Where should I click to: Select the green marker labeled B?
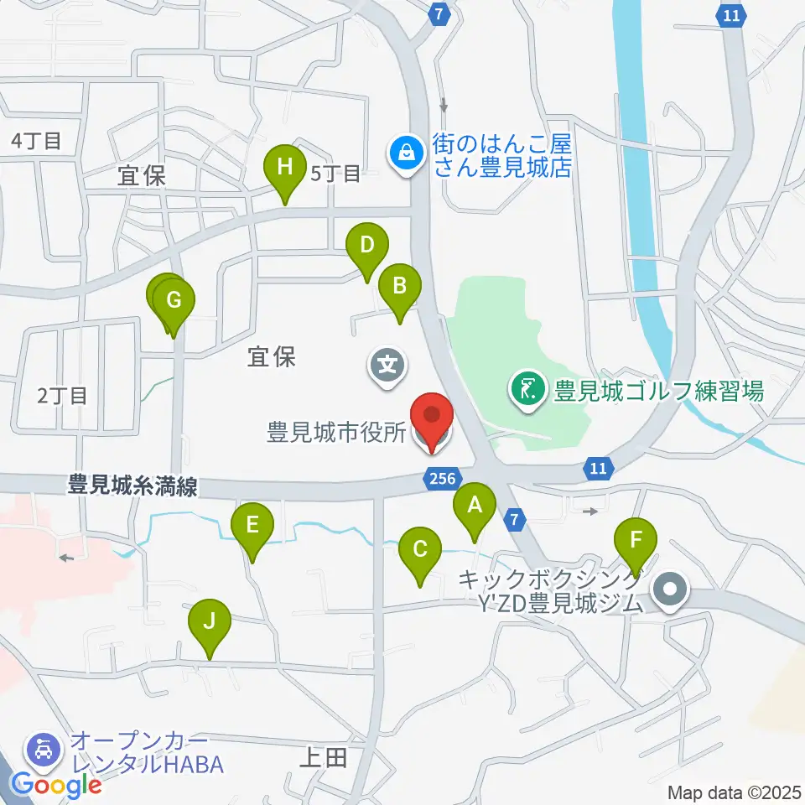point(399,287)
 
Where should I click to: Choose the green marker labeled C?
point(420,551)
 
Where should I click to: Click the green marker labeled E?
point(252,526)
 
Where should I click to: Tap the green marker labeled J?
point(210,623)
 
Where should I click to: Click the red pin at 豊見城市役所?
point(432,417)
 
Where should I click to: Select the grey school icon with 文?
point(387,366)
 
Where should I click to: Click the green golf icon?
point(527,390)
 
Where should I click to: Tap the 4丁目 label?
point(37,141)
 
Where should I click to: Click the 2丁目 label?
point(63,395)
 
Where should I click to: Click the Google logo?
point(55,786)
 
